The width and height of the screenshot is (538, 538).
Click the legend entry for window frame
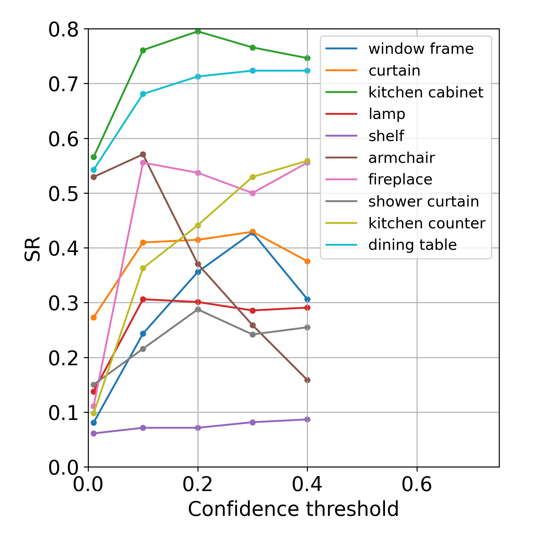[x=421, y=49]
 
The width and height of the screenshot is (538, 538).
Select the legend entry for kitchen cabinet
[x=426, y=92]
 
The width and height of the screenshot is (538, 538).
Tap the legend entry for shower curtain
[x=424, y=201]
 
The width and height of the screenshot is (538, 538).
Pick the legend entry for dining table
[x=412, y=245]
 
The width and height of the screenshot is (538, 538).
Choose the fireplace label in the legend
[x=400, y=180]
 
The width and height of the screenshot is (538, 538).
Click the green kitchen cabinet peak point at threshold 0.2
[x=198, y=31]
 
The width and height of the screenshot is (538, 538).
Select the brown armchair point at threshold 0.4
[x=307, y=380]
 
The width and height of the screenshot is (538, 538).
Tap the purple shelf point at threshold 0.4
[x=307, y=419]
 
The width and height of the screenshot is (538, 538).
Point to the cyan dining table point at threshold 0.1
[x=143, y=94]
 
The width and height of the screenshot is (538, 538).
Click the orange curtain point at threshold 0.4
[x=307, y=261]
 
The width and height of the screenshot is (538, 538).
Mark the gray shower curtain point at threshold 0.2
[x=198, y=309]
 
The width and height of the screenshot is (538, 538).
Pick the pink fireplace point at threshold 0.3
[x=253, y=193]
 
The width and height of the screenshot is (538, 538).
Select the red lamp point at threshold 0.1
[x=143, y=299]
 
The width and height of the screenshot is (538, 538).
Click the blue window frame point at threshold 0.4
[x=307, y=299]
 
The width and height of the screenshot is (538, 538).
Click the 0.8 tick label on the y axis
[x=63, y=30]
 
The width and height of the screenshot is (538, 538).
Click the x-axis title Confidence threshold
[x=293, y=509]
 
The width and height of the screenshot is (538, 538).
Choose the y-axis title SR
[x=32, y=249]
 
